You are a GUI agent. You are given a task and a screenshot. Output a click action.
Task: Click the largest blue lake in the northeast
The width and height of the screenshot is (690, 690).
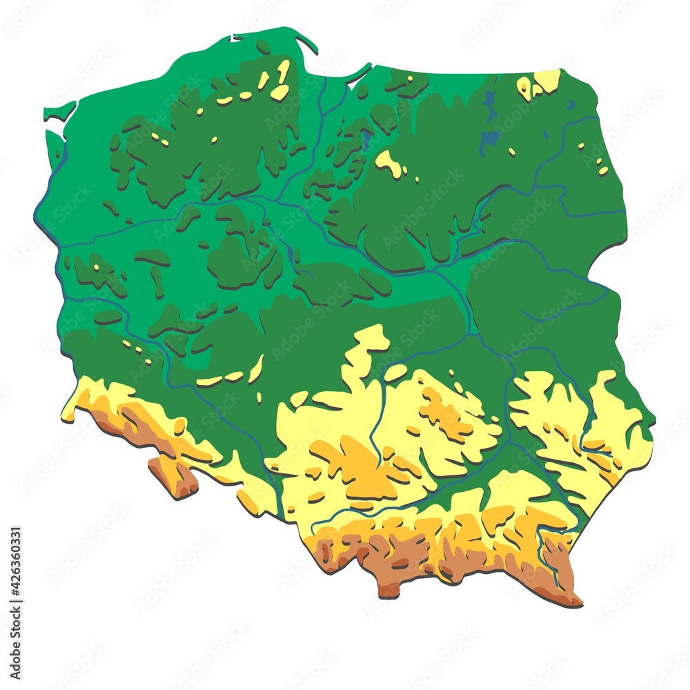[x=491, y=138]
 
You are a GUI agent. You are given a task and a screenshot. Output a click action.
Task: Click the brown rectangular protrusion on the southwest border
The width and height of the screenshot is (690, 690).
[x=173, y=475]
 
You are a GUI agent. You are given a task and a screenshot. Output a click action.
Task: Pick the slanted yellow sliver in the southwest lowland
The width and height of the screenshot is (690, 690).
[x=256, y=368]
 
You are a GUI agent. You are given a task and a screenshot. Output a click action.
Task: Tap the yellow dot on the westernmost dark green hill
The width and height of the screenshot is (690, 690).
[x=96, y=266]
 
